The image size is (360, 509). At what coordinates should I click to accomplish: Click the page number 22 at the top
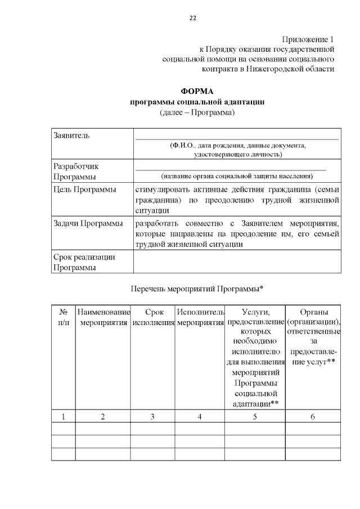click(x=192, y=18)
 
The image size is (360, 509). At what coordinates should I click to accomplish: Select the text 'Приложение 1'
click(x=308, y=39)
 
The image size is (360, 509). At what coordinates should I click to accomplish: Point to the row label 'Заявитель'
click(x=71, y=136)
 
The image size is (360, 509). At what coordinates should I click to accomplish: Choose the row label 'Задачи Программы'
click(x=88, y=224)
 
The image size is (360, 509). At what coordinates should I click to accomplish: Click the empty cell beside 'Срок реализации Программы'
click(x=236, y=262)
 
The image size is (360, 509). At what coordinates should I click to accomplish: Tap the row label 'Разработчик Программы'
click(x=75, y=172)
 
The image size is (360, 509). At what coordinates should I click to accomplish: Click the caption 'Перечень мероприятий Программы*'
click(x=197, y=289)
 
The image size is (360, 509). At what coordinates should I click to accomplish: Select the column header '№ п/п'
click(x=64, y=317)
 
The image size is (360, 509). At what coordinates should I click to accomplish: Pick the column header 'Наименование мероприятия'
click(x=103, y=317)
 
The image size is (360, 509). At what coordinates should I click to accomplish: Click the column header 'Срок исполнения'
click(x=153, y=317)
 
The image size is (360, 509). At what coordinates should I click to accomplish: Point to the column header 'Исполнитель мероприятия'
click(x=200, y=317)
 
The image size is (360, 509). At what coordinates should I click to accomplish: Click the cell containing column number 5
click(x=255, y=417)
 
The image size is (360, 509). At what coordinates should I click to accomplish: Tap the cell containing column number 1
click(x=64, y=417)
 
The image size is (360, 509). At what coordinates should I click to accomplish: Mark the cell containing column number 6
click(x=313, y=417)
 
